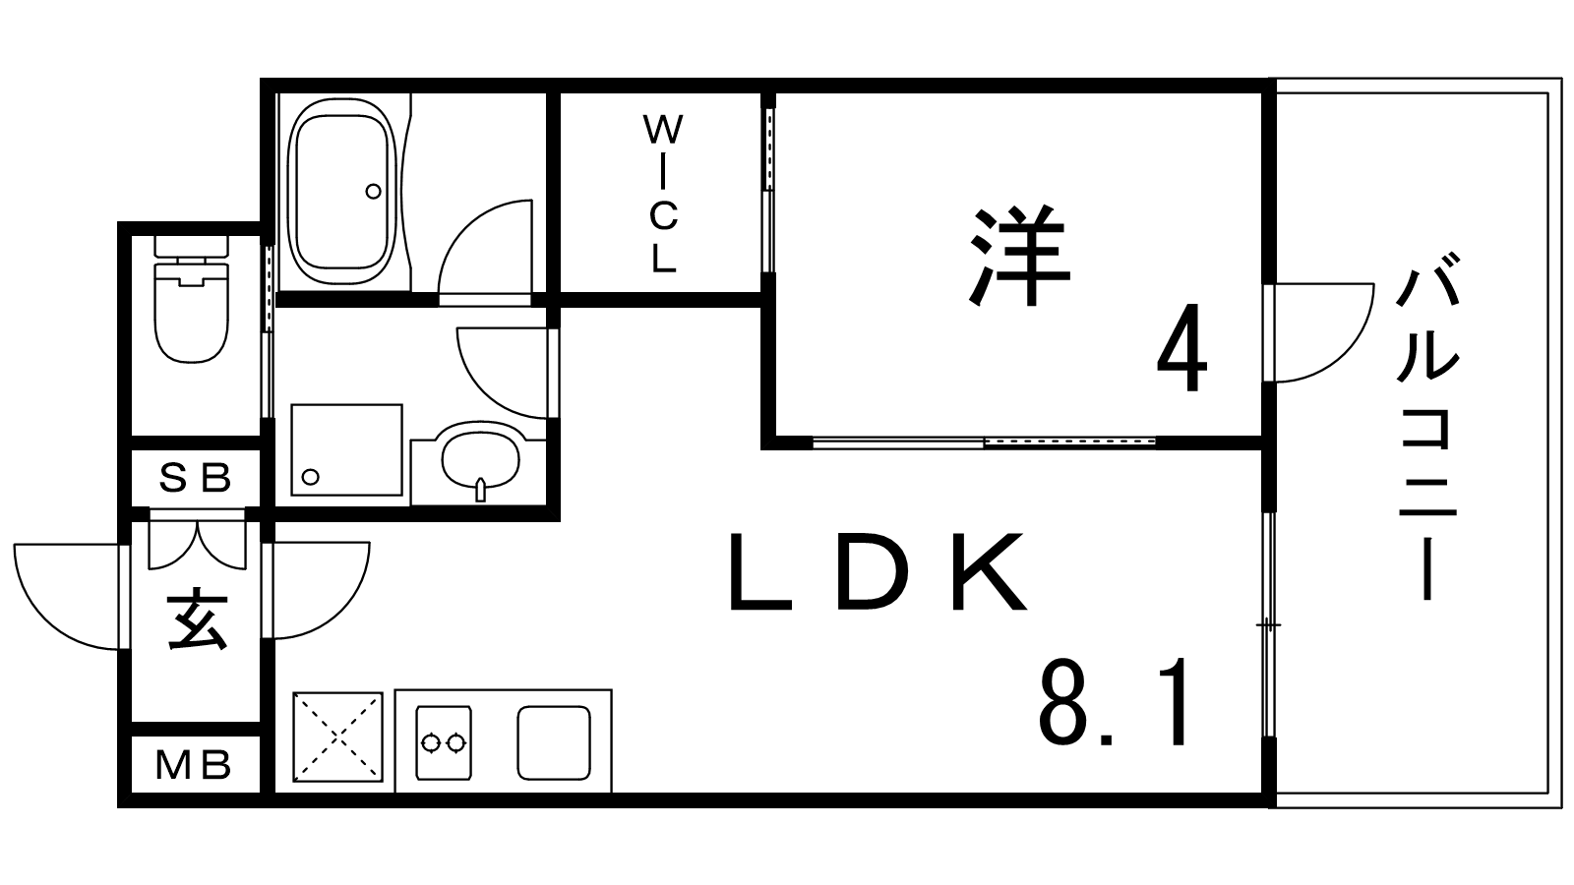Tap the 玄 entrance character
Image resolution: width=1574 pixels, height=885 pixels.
(197, 620)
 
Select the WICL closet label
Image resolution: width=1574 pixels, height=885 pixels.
(663, 194)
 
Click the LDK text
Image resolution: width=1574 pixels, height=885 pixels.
(877, 574)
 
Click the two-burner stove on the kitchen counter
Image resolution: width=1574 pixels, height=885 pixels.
(442, 741)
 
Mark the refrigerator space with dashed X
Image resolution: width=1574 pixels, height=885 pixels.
(336, 737)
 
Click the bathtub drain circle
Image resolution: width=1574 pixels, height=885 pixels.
(373, 191)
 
